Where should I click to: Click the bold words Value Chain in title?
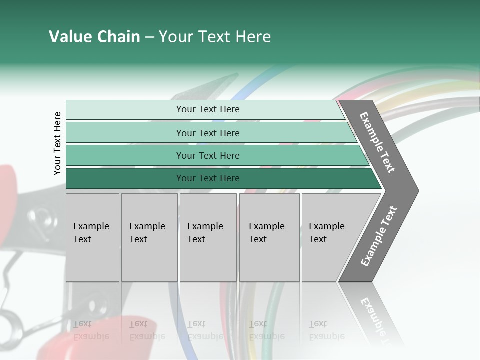coord(94,37)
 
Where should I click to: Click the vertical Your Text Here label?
coord(57,143)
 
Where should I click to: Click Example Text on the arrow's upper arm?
coord(377,142)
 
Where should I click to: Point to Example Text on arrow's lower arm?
coord(378,236)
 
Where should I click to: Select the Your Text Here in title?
coord(215,37)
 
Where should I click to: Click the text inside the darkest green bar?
coord(208,178)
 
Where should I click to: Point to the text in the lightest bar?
coord(208,109)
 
